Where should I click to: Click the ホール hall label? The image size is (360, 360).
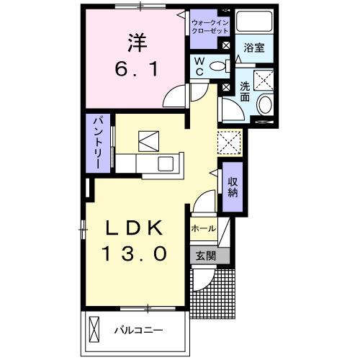[203, 228]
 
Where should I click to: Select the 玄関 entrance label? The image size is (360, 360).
[203, 254]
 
